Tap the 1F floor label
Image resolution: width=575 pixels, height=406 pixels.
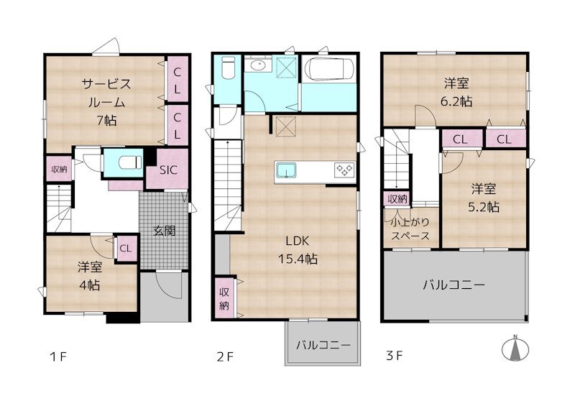(58, 356)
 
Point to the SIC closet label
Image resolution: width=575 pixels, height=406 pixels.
(167, 170)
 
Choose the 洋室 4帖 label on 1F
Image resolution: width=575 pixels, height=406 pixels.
(90, 275)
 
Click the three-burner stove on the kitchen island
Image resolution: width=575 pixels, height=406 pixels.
(344, 170)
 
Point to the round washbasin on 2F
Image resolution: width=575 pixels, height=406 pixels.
(257, 67)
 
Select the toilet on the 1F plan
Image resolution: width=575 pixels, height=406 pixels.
(124, 162)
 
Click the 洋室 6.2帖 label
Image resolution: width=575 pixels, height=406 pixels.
(456, 93)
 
